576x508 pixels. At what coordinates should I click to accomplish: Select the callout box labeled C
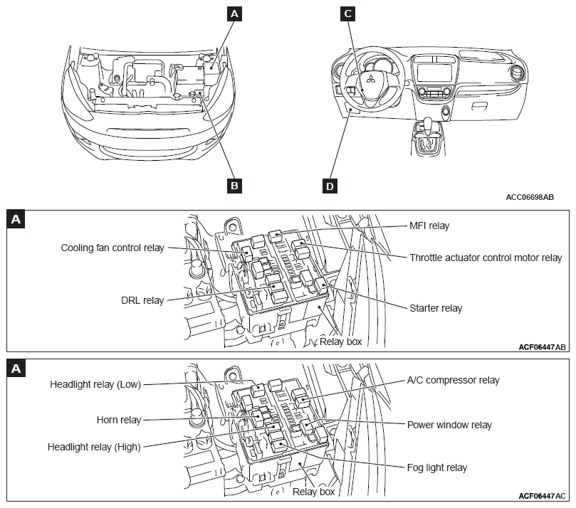(x=347, y=13)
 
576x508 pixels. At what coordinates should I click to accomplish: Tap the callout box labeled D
(x=329, y=186)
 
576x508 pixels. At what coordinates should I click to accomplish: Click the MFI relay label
(x=429, y=226)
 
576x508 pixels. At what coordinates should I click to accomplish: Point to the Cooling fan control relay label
(x=112, y=248)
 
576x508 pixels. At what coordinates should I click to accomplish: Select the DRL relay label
(x=143, y=300)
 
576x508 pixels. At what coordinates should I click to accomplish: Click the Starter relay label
(x=436, y=308)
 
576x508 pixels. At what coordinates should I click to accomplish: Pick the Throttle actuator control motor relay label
(x=486, y=258)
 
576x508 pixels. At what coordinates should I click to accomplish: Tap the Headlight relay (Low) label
(x=95, y=384)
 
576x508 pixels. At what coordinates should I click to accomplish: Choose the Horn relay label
(x=118, y=420)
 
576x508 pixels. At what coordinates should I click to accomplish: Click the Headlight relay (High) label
(x=94, y=447)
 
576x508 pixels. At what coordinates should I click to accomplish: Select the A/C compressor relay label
(x=453, y=380)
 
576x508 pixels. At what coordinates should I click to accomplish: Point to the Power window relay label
(x=449, y=425)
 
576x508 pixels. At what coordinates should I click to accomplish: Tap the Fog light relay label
(x=436, y=467)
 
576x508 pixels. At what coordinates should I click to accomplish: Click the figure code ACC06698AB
(x=530, y=197)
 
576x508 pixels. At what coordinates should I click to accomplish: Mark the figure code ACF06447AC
(x=542, y=496)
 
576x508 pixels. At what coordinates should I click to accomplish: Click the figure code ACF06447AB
(x=542, y=347)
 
